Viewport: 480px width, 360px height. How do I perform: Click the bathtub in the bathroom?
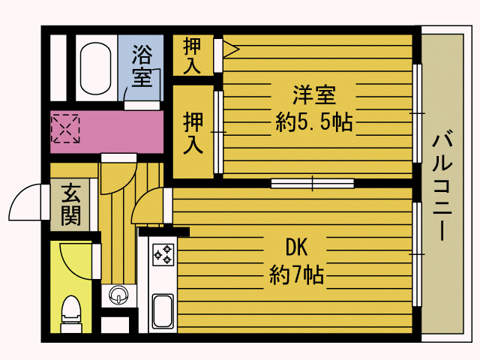(95, 68)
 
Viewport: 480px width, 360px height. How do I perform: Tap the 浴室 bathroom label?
(142, 66)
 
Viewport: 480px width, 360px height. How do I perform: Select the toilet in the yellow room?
(71, 314)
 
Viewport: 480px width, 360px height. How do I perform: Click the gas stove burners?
(163, 254)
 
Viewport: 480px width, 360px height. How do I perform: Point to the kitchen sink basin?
(163, 311)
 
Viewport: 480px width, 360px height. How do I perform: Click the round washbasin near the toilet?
(118, 295)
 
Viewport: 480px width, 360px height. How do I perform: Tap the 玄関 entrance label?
(70, 205)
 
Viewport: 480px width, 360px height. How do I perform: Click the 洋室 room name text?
(314, 95)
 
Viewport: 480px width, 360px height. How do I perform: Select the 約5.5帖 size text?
(314, 122)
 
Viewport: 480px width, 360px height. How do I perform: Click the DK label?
(296, 247)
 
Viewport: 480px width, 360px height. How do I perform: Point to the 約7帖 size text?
(297, 274)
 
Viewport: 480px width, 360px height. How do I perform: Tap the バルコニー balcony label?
(442, 185)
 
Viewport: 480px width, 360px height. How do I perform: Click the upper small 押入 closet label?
(192, 55)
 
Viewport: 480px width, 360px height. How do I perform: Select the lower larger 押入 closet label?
(193, 133)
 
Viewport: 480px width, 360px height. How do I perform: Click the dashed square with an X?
(65, 128)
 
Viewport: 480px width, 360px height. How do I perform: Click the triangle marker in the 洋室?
(231, 49)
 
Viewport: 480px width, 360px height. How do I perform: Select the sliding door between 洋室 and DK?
(312, 183)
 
